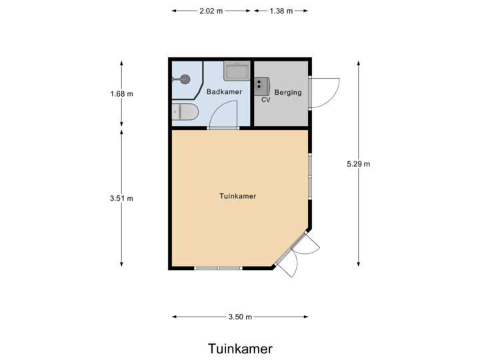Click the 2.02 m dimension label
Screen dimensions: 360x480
pyautogui.click(x=211, y=11)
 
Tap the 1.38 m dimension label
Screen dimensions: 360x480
pyautogui.click(x=280, y=11)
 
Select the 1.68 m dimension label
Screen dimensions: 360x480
pyautogui.click(x=121, y=94)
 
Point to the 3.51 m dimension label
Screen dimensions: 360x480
pyautogui.click(x=121, y=197)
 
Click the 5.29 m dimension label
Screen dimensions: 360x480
pyautogui.click(x=359, y=163)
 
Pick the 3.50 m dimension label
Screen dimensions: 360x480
pyautogui.click(x=240, y=317)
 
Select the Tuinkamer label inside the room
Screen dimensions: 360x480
pyautogui.click(x=238, y=196)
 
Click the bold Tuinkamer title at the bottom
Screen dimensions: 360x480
pyautogui.click(x=240, y=349)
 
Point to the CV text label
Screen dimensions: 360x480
pyautogui.click(x=265, y=100)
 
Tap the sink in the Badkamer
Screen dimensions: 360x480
pyautogui.click(x=236, y=70)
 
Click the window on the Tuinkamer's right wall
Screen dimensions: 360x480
pyautogui.click(x=310, y=177)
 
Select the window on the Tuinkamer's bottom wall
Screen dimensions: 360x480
pyautogui.click(x=218, y=268)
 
